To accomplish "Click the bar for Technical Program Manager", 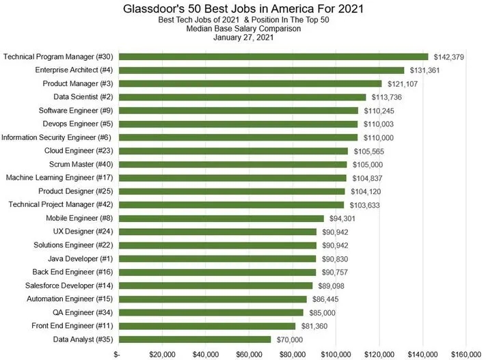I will (273, 57).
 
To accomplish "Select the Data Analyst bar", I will (195, 340).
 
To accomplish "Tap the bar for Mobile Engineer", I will (221, 219).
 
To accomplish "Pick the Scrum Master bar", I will (233, 165).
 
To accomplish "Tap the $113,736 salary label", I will (387, 98).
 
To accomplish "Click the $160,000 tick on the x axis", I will (466, 355).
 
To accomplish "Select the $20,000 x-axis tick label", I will (163, 355).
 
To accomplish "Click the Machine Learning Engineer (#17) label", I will (59, 178).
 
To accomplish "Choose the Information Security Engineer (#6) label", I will (57, 137).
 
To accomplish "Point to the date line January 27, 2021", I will (243, 38).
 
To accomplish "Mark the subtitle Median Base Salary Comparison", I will (243, 29).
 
